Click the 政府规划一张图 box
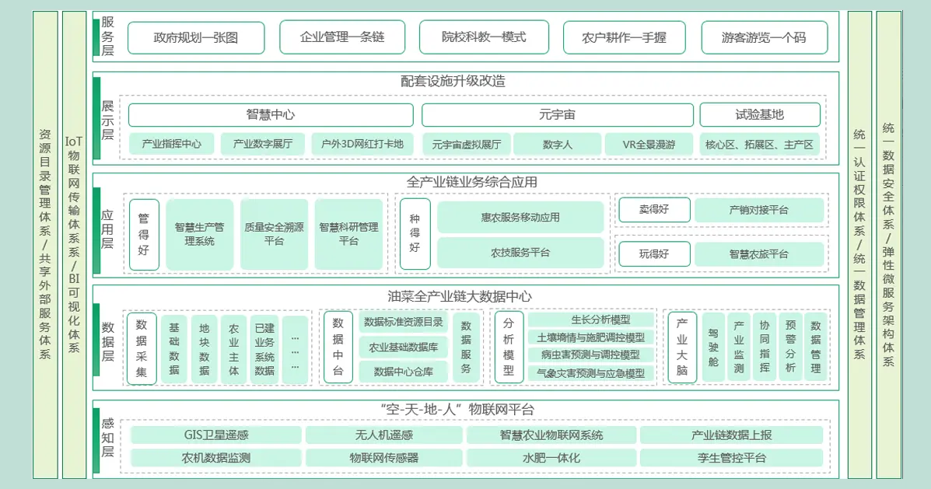(x=196, y=37)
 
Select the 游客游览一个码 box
(x=764, y=37)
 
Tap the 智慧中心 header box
(x=271, y=115)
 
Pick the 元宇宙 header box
(x=557, y=115)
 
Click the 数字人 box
(x=557, y=145)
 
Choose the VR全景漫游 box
(x=649, y=145)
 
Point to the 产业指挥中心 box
(x=171, y=145)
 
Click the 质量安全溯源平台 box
(x=274, y=234)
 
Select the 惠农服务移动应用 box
(x=520, y=218)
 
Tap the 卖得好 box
(x=654, y=210)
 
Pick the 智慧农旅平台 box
(x=758, y=254)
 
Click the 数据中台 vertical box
(x=338, y=347)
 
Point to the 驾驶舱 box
(x=713, y=347)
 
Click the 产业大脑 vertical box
(x=682, y=347)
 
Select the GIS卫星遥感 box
(x=216, y=435)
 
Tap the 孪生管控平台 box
(x=731, y=458)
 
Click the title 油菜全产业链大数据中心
(x=460, y=296)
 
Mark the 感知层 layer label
(x=107, y=437)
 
